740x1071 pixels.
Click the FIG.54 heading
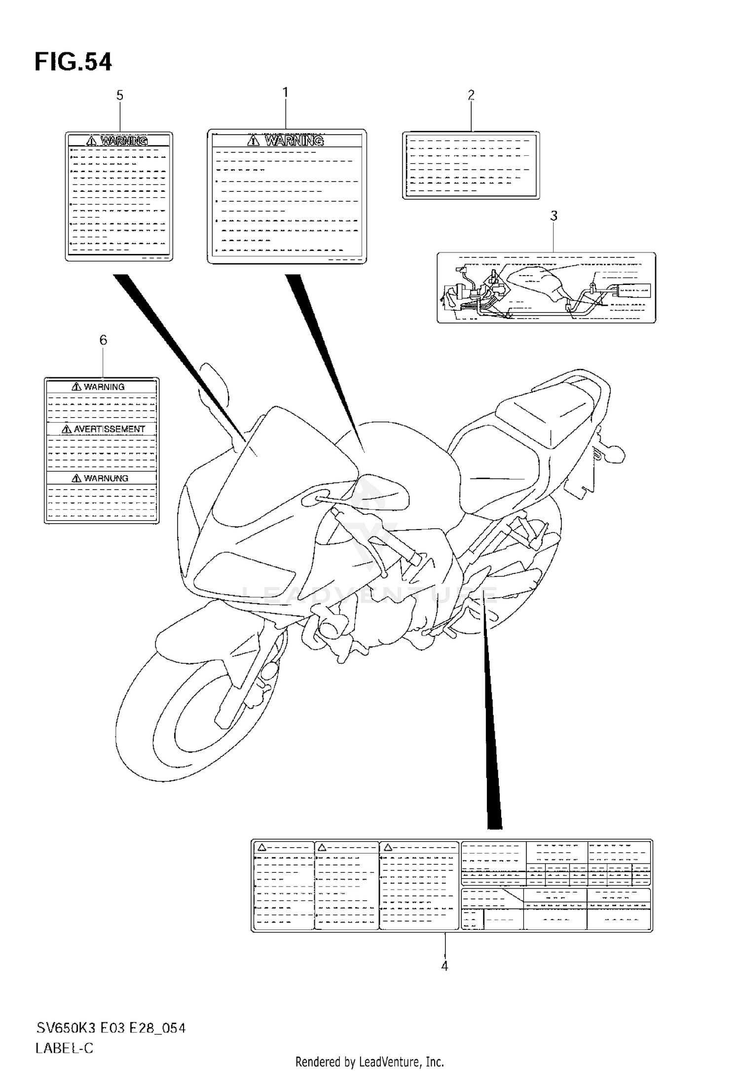(x=73, y=63)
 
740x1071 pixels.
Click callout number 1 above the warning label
(x=285, y=93)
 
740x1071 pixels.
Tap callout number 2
(x=471, y=95)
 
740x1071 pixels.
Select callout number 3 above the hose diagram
(x=554, y=216)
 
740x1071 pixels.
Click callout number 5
(x=119, y=95)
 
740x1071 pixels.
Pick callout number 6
(x=103, y=340)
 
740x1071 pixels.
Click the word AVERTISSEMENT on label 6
(x=109, y=429)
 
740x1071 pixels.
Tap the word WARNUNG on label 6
(x=106, y=478)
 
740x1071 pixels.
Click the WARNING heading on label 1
(x=294, y=141)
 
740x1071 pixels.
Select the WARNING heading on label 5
(x=124, y=141)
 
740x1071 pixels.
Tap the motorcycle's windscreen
(x=276, y=468)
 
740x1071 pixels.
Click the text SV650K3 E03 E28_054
(x=111, y=1028)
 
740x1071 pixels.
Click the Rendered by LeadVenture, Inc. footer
(x=370, y=1062)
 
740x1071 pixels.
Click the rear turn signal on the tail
(x=614, y=453)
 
